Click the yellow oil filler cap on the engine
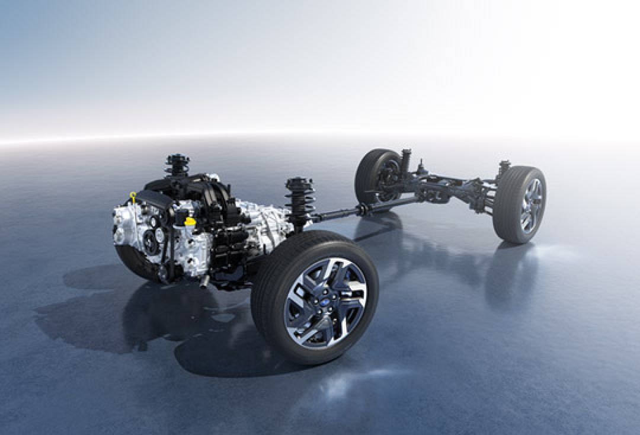(190, 222)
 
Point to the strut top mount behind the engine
(177, 162)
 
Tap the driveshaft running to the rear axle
(344, 212)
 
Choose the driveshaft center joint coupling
(362, 209)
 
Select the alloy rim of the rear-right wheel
(530, 205)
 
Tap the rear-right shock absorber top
(504, 165)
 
